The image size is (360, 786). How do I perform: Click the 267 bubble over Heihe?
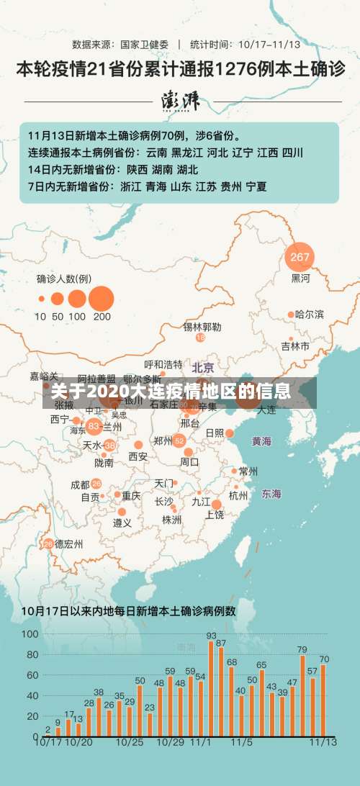point(300,257)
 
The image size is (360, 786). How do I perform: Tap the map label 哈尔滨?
point(310,315)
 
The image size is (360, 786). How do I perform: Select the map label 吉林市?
point(295,346)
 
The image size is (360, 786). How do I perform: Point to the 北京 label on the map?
point(204,367)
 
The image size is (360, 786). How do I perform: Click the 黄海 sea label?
point(261,441)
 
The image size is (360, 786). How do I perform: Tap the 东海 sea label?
point(271,494)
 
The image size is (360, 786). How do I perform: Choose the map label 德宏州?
point(69,543)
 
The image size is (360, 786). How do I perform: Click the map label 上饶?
point(215,515)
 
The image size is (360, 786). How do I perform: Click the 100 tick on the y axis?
point(30,634)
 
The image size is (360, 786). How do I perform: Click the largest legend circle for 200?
point(102,298)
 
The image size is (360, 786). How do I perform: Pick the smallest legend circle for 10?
point(40,298)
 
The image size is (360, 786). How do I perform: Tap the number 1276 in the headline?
point(234,70)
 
